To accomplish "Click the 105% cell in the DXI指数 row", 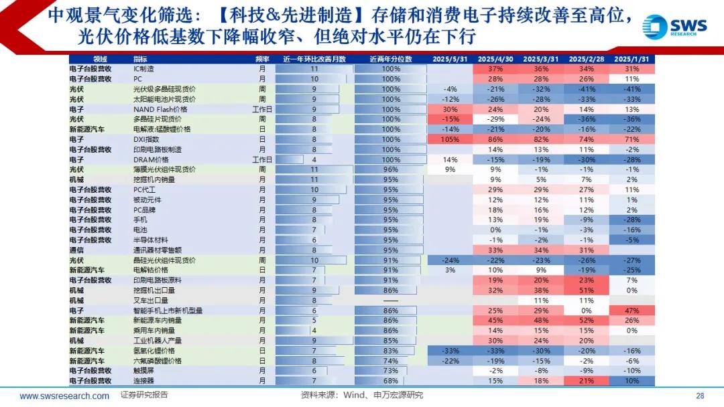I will pos(450,139).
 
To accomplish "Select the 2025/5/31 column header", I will pos(450,59).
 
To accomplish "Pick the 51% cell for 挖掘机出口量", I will pos(587,291).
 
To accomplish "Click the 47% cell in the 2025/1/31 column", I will pos(631,311).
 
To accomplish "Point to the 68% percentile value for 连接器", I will pos(391,381).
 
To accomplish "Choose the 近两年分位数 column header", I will pos(391,59).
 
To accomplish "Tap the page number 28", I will pos(700,396).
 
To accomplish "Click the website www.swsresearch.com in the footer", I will pos(64,396).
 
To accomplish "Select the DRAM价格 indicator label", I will pos(148,160).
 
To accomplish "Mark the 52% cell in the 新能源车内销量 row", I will pos(587,321).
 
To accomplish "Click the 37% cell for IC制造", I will pos(495,69).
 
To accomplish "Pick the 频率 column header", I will pos(262,59).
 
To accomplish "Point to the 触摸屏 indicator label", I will pos(144,371).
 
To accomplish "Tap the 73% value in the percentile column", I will pos(391,371).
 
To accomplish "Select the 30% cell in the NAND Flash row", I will pos(450,109).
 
